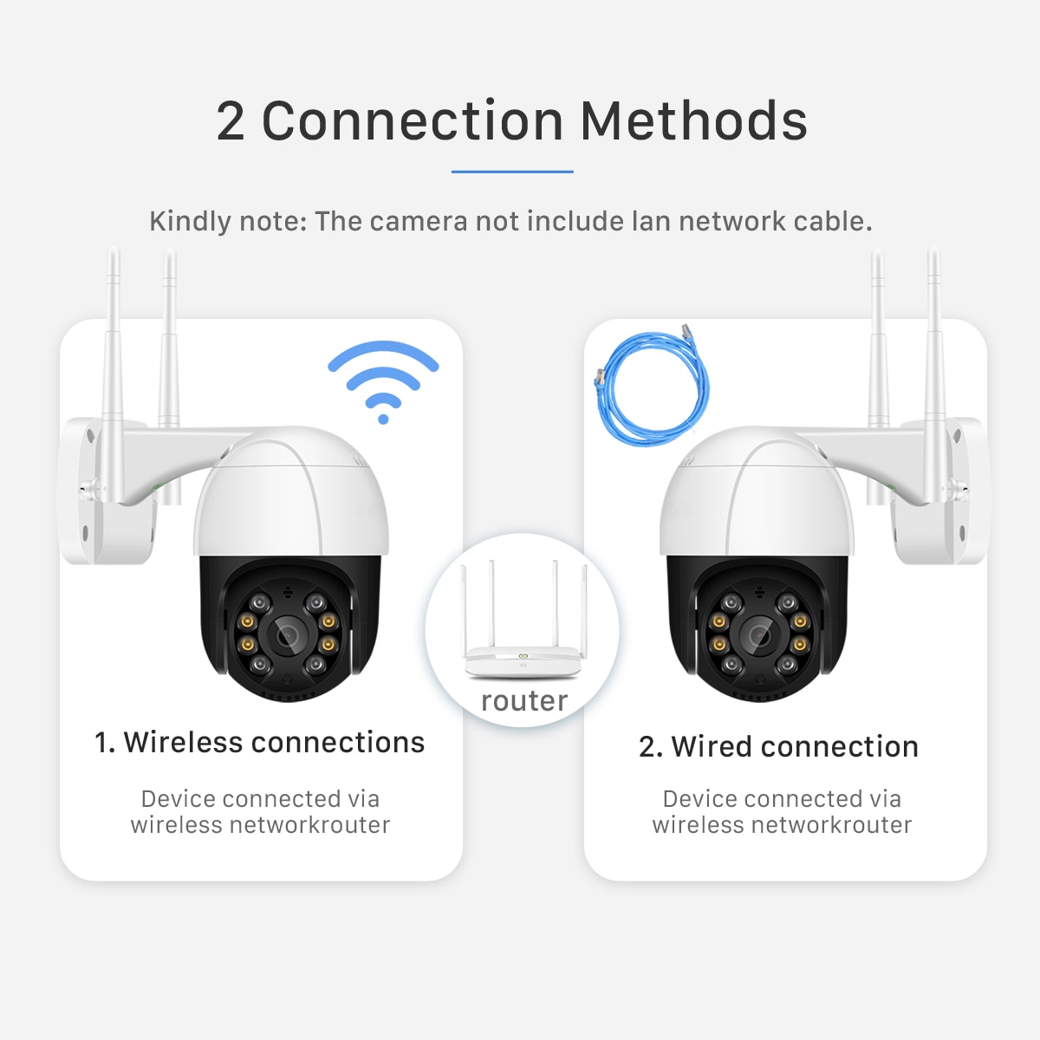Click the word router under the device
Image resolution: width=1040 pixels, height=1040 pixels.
pos(524,700)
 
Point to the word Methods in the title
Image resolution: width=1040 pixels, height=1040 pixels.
pos(693,121)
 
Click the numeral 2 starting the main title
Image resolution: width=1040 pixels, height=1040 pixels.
pos(231,121)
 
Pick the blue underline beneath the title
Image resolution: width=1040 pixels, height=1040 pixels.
pos(512,172)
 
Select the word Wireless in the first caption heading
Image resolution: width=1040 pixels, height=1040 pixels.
pos(183,743)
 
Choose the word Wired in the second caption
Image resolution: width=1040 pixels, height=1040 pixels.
pos(711,747)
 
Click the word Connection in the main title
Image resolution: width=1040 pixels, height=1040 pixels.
pos(413,121)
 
